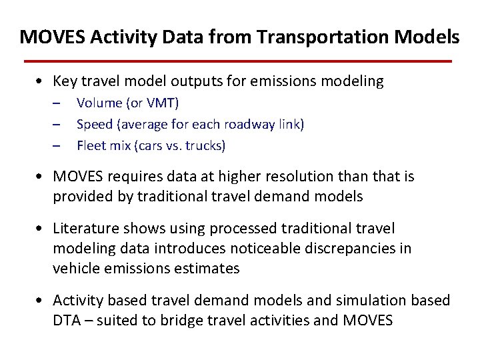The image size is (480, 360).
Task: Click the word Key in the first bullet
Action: (x=65, y=82)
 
